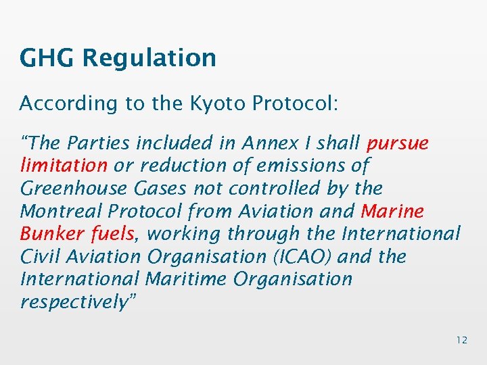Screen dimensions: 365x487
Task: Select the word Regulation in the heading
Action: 149,59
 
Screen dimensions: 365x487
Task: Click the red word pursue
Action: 397,144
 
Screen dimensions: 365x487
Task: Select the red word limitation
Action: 64,166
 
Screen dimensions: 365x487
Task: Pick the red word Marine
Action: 392,211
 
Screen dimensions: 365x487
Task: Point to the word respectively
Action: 74,302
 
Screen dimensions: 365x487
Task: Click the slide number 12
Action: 461,340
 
